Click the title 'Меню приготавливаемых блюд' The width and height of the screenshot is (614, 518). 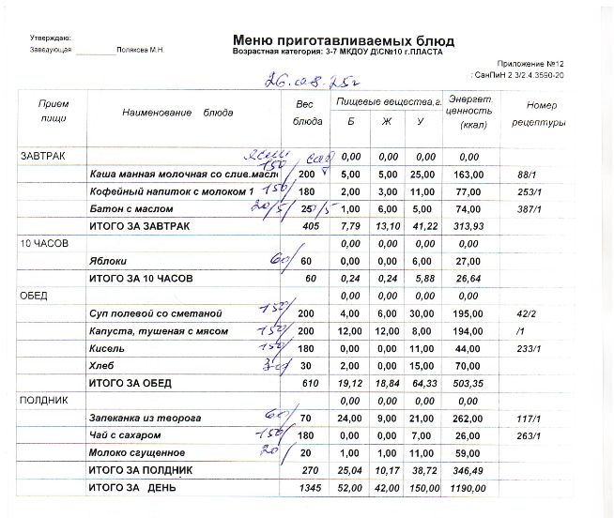[x=343, y=40]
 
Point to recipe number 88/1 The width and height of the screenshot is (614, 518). [x=526, y=175]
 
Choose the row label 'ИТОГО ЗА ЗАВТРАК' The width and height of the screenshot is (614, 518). [x=138, y=226]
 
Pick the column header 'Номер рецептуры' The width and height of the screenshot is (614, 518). [x=542, y=114]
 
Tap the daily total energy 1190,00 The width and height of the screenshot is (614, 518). [x=468, y=488]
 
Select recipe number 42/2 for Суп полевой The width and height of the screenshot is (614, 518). [x=526, y=312]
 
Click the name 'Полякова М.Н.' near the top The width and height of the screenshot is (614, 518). [x=139, y=49]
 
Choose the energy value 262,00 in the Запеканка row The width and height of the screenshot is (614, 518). [x=469, y=418]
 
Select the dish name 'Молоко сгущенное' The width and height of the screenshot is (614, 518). [x=131, y=452]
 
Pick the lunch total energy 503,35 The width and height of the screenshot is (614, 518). [x=469, y=383]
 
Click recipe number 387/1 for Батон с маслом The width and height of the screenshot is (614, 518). [x=530, y=209]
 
